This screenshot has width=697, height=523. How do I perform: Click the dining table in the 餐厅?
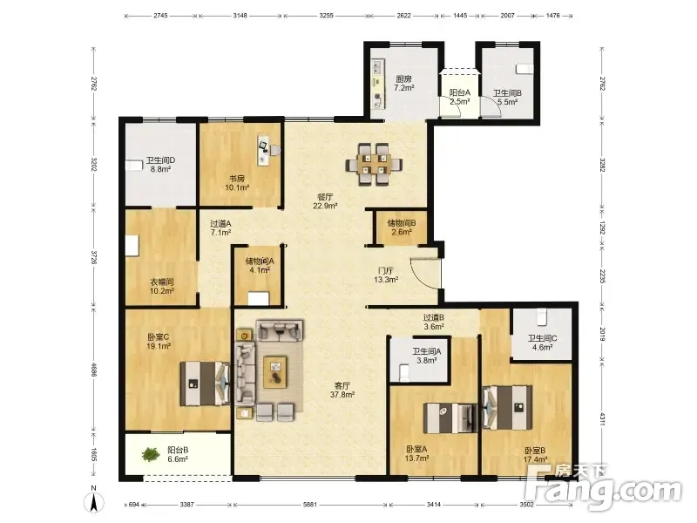[x=375, y=164]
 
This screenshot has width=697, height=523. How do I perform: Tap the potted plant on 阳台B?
[x=151, y=454]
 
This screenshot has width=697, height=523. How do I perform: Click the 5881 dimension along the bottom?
[x=310, y=505]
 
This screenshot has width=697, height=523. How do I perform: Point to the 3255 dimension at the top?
[x=326, y=15]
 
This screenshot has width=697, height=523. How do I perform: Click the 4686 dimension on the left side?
[x=94, y=369]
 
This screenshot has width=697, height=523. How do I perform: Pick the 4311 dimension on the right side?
[x=603, y=419]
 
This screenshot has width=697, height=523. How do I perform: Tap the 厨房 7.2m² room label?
[x=404, y=84]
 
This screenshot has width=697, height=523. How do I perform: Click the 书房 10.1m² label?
[x=236, y=183]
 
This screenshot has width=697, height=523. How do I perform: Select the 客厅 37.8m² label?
[x=342, y=390]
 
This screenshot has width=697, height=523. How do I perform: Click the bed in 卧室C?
[x=205, y=384]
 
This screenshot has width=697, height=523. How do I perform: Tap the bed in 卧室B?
[x=507, y=408]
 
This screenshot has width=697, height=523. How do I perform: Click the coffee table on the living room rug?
[x=275, y=372]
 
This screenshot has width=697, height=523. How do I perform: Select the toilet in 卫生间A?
[x=404, y=372]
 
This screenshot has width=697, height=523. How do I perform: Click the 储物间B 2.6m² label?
[x=402, y=228]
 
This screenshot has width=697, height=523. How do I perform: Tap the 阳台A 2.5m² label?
[x=460, y=97]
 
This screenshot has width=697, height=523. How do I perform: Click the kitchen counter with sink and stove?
[x=378, y=84]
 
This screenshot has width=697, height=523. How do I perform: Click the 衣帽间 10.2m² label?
[x=161, y=287]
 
